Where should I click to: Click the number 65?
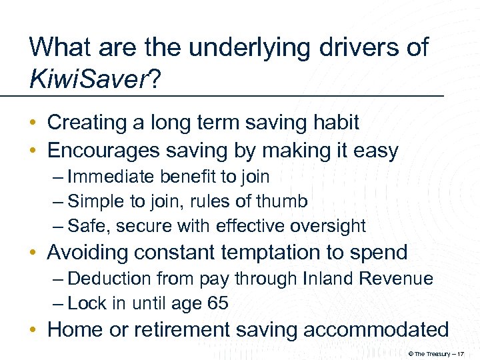[x=217, y=303]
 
